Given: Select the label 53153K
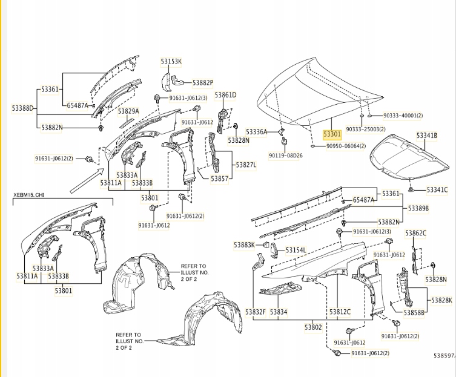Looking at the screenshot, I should point(171,61).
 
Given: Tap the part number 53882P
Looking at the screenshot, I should point(203,82).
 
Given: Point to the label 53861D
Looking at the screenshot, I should point(225,95).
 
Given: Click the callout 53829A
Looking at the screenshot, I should point(128,111).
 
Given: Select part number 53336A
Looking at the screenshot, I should point(257,131).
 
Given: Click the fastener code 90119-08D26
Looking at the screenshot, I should point(286,156).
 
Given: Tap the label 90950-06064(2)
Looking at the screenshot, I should point(346,146).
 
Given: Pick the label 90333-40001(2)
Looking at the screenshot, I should point(403,116).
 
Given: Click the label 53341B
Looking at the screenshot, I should point(426,136).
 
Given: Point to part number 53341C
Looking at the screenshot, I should point(437,190).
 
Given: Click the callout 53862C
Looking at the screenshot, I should point(416,233).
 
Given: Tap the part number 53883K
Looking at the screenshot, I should point(244,244).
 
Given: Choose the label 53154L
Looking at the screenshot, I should point(296,250).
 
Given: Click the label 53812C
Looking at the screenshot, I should point(340,312).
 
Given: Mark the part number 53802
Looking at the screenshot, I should point(312,327).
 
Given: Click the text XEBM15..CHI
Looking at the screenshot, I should point(28,195).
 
